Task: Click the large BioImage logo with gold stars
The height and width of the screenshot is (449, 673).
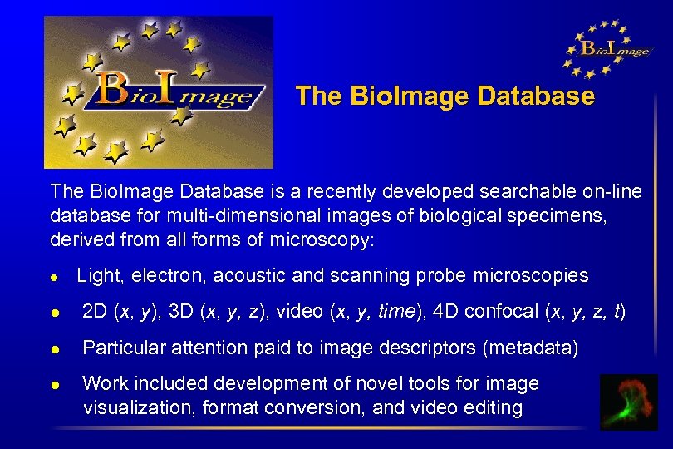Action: (x=158, y=91)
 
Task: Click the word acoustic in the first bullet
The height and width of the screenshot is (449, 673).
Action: (x=274, y=275)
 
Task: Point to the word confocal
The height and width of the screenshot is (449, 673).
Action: (x=501, y=312)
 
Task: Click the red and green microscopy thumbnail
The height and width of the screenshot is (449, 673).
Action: (x=629, y=402)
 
